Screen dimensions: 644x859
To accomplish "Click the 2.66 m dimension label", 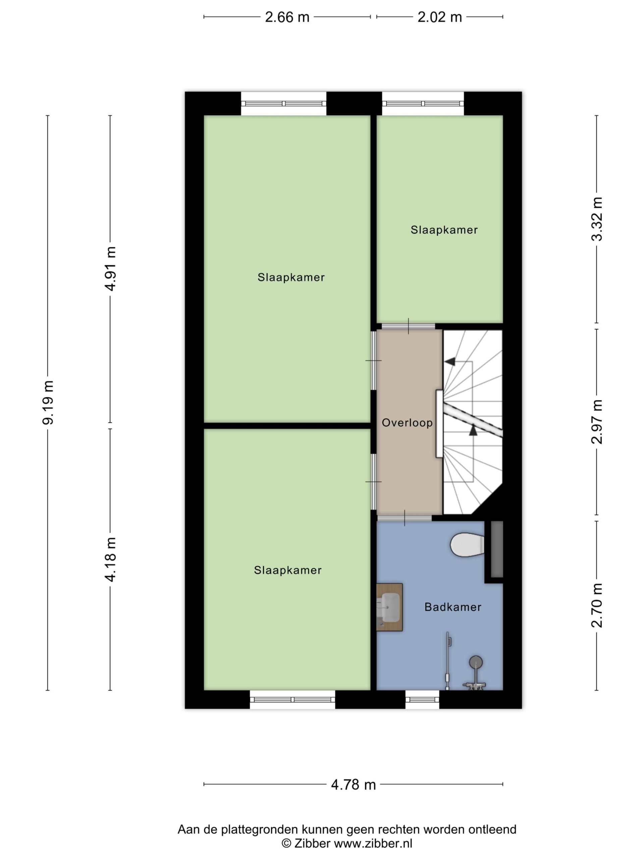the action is pos(287,17).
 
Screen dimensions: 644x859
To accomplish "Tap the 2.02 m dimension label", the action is pos(439,17).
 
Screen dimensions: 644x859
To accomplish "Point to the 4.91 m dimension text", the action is pos(111,268).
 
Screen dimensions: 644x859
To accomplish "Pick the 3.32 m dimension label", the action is pos(597,219).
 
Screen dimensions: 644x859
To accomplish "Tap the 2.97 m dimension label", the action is pos(597,422).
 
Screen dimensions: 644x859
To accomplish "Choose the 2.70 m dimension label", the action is pos(597,605).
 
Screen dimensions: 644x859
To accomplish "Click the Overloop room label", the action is pos(407,422).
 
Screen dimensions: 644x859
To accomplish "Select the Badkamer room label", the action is pos(452,607).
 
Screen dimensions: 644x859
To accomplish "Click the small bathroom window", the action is pos(422,700).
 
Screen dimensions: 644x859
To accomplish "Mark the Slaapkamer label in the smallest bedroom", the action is pos(444,230).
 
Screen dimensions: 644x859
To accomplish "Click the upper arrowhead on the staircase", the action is pos(450,361).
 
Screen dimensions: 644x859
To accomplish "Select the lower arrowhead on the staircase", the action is pos(473,430).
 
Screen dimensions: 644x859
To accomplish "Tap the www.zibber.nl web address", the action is pos(373,844).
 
